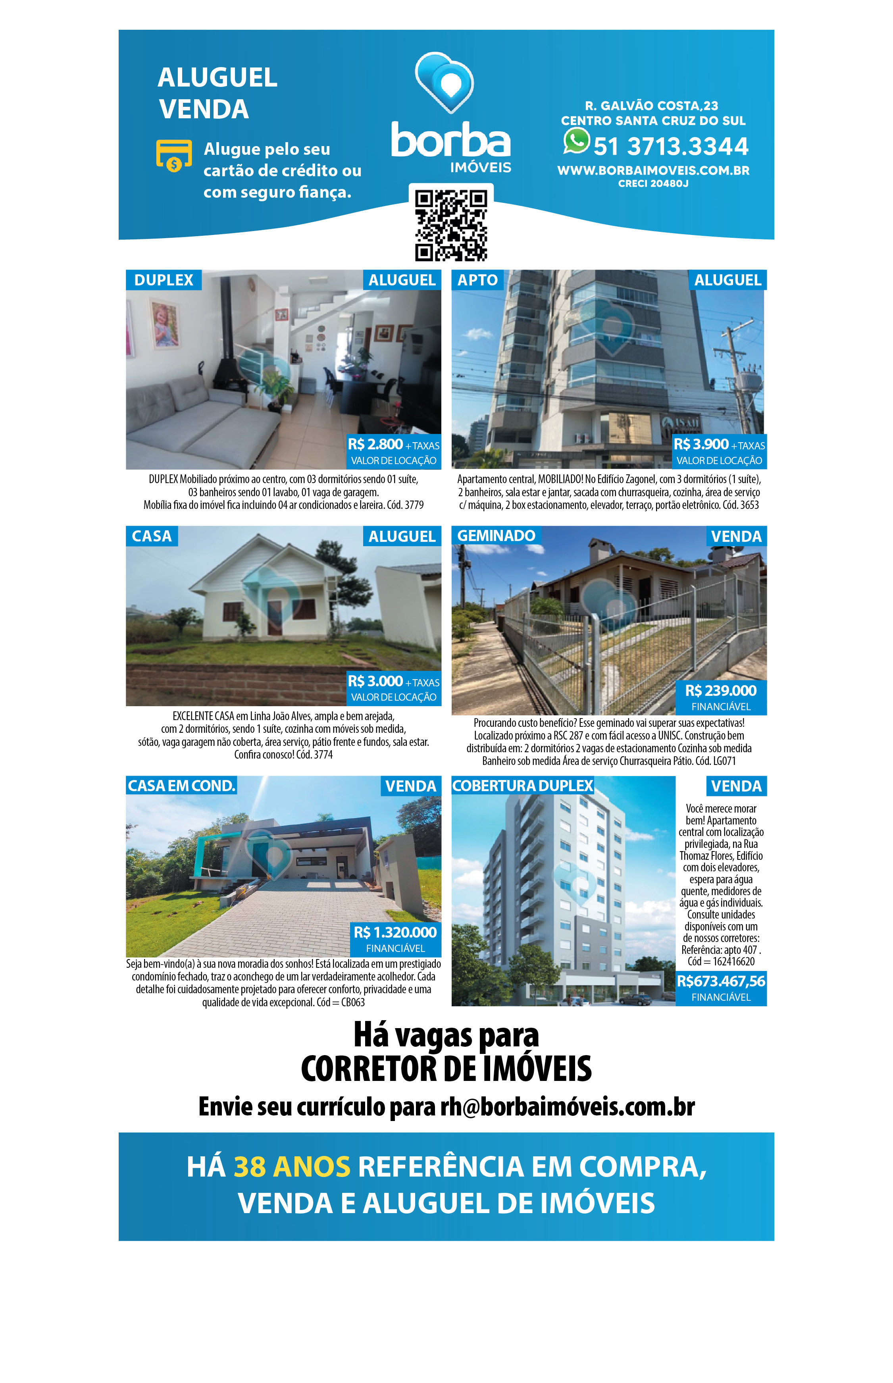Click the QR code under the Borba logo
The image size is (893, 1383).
(450, 225)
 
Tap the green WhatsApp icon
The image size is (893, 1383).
(576, 141)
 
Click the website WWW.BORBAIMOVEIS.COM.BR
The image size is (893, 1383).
(653, 170)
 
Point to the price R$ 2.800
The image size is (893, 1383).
(375, 444)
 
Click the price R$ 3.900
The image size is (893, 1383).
(701, 444)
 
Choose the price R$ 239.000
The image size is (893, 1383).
(720, 691)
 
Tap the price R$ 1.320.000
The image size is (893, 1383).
(395, 932)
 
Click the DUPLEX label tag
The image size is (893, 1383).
(164, 280)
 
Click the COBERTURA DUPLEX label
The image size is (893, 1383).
(522, 785)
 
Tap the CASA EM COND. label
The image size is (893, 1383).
(181, 785)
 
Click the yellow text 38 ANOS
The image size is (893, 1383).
(292, 1167)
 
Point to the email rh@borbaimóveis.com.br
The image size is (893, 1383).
(567, 1106)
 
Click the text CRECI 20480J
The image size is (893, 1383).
(653, 184)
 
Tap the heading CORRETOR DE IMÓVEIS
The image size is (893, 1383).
(446, 1068)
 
